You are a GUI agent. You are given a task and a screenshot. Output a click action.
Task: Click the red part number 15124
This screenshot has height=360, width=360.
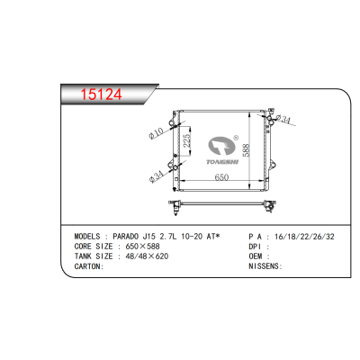pyautogui.click(x=102, y=94)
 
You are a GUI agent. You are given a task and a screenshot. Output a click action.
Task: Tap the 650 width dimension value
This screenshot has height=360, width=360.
pyautogui.click(x=221, y=177)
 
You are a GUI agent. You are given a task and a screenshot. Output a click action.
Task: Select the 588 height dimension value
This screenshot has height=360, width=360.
pyautogui.click(x=246, y=149)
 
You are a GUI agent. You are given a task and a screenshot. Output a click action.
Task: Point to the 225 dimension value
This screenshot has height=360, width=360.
pyautogui.click(x=186, y=140)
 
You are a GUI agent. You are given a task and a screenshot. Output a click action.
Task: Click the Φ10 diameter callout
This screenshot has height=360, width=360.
pyautogui.click(x=156, y=133)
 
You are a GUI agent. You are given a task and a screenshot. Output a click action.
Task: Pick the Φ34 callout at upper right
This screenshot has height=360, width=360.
pyautogui.click(x=283, y=120)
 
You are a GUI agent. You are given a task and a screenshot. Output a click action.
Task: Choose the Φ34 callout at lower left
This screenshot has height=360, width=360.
pyautogui.click(x=156, y=176)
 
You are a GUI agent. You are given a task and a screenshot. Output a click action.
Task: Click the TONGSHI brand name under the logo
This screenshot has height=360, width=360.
pyautogui.click(x=222, y=162)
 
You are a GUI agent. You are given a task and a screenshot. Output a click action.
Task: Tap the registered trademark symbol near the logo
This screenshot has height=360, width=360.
pyautogui.click(x=236, y=138)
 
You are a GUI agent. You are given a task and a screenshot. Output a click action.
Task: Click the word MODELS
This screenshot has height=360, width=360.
pyautogui.click(x=87, y=237)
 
